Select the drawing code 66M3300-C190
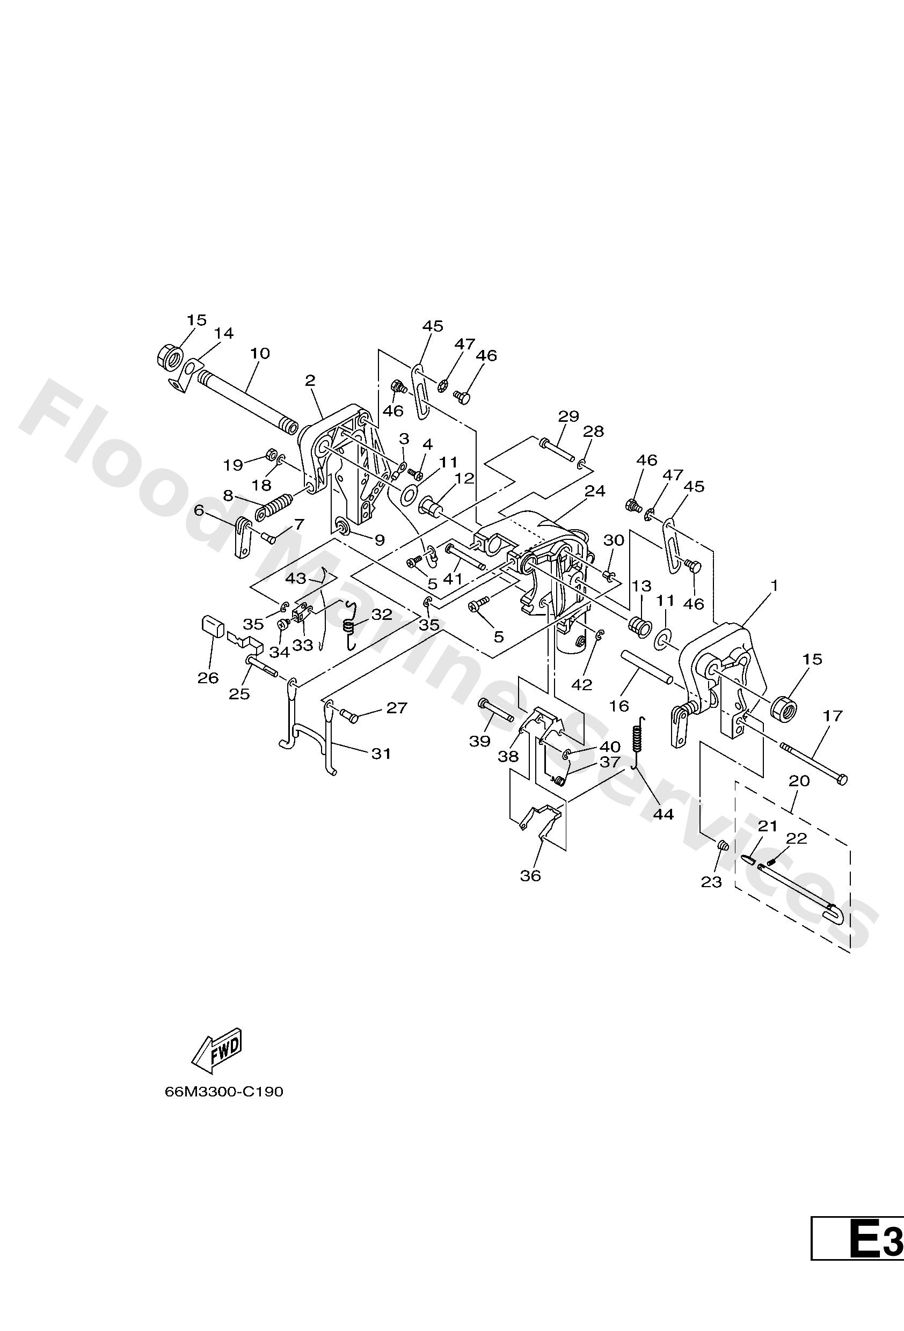point(223,1092)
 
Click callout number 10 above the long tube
point(259,353)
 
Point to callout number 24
point(595,491)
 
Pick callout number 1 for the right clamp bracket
point(775,586)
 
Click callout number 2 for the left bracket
point(310,381)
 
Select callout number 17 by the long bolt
point(833,715)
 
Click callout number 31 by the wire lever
point(381,753)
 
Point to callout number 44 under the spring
point(664,814)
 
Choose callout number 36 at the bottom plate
point(530,876)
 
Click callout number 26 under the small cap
point(208,677)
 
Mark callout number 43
point(296,579)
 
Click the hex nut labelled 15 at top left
point(169,358)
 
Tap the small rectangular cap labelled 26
point(212,625)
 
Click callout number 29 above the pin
point(568,416)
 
